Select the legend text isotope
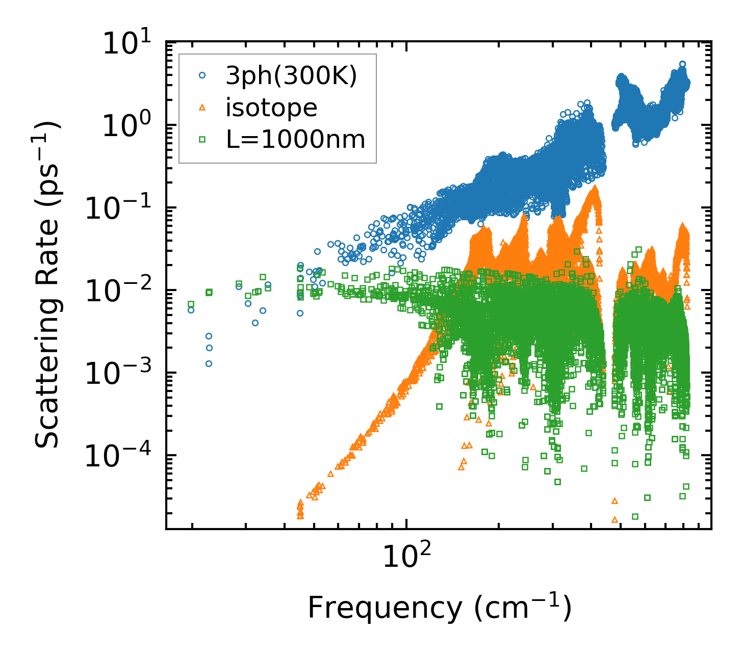[x=271, y=108]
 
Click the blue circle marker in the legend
[x=202, y=75]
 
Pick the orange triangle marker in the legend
[x=202, y=107]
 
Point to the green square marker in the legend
[x=202, y=139]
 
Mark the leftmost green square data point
[x=191, y=304]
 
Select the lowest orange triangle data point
[x=615, y=519]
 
